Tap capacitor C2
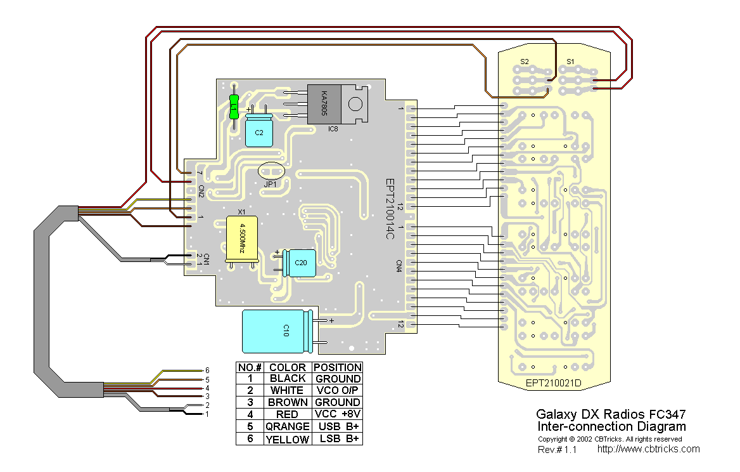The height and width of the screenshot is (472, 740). (259, 131)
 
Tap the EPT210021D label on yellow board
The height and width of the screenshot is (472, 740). (553, 383)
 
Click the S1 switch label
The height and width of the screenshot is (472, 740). (570, 62)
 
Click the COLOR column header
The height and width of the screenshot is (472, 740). (288, 367)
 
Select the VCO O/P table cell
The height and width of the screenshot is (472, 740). (338, 390)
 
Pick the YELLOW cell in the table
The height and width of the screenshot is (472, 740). (288, 439)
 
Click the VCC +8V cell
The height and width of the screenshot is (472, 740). (338, 414)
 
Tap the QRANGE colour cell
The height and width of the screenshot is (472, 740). (288, 426)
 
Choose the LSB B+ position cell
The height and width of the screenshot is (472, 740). (338, 439)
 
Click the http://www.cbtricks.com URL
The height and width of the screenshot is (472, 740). (648, 449)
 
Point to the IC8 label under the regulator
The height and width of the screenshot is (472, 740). (333, 129)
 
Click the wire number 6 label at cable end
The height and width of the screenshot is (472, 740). (206, 370)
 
